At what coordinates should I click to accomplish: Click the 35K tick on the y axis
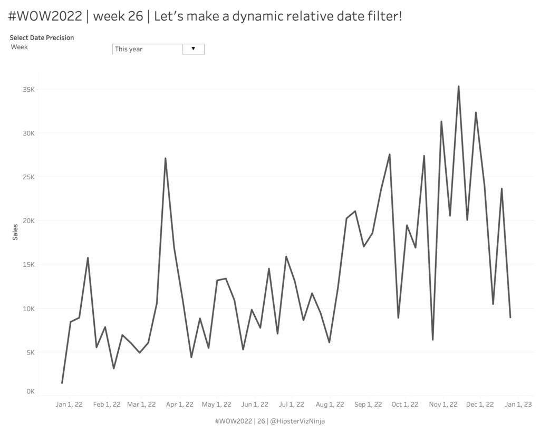click(28, 89)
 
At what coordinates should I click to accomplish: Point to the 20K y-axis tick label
click(28, 220)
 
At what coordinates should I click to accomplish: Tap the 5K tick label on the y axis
click(30, 352)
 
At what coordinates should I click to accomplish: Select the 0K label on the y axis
click(30, 391)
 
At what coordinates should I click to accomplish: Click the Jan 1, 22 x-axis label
click(69, 405)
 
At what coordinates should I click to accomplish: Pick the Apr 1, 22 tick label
click(180, 405)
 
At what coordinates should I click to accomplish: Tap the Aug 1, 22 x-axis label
click(330, 405)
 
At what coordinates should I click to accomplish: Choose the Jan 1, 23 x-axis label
click(518, 405)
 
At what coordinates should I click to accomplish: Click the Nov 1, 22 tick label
click(443, 405)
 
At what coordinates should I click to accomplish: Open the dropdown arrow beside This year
click(193, 49)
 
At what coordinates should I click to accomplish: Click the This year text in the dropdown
click(129, 49)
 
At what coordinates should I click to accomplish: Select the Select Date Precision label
click(42, 37)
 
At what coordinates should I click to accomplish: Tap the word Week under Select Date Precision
click(20, 46)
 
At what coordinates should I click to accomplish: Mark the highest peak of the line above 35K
click(458, 86)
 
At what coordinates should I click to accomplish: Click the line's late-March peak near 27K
click(165, 158)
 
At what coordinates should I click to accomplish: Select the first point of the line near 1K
click(62, 382)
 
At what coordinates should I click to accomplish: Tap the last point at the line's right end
click(510, 317)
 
